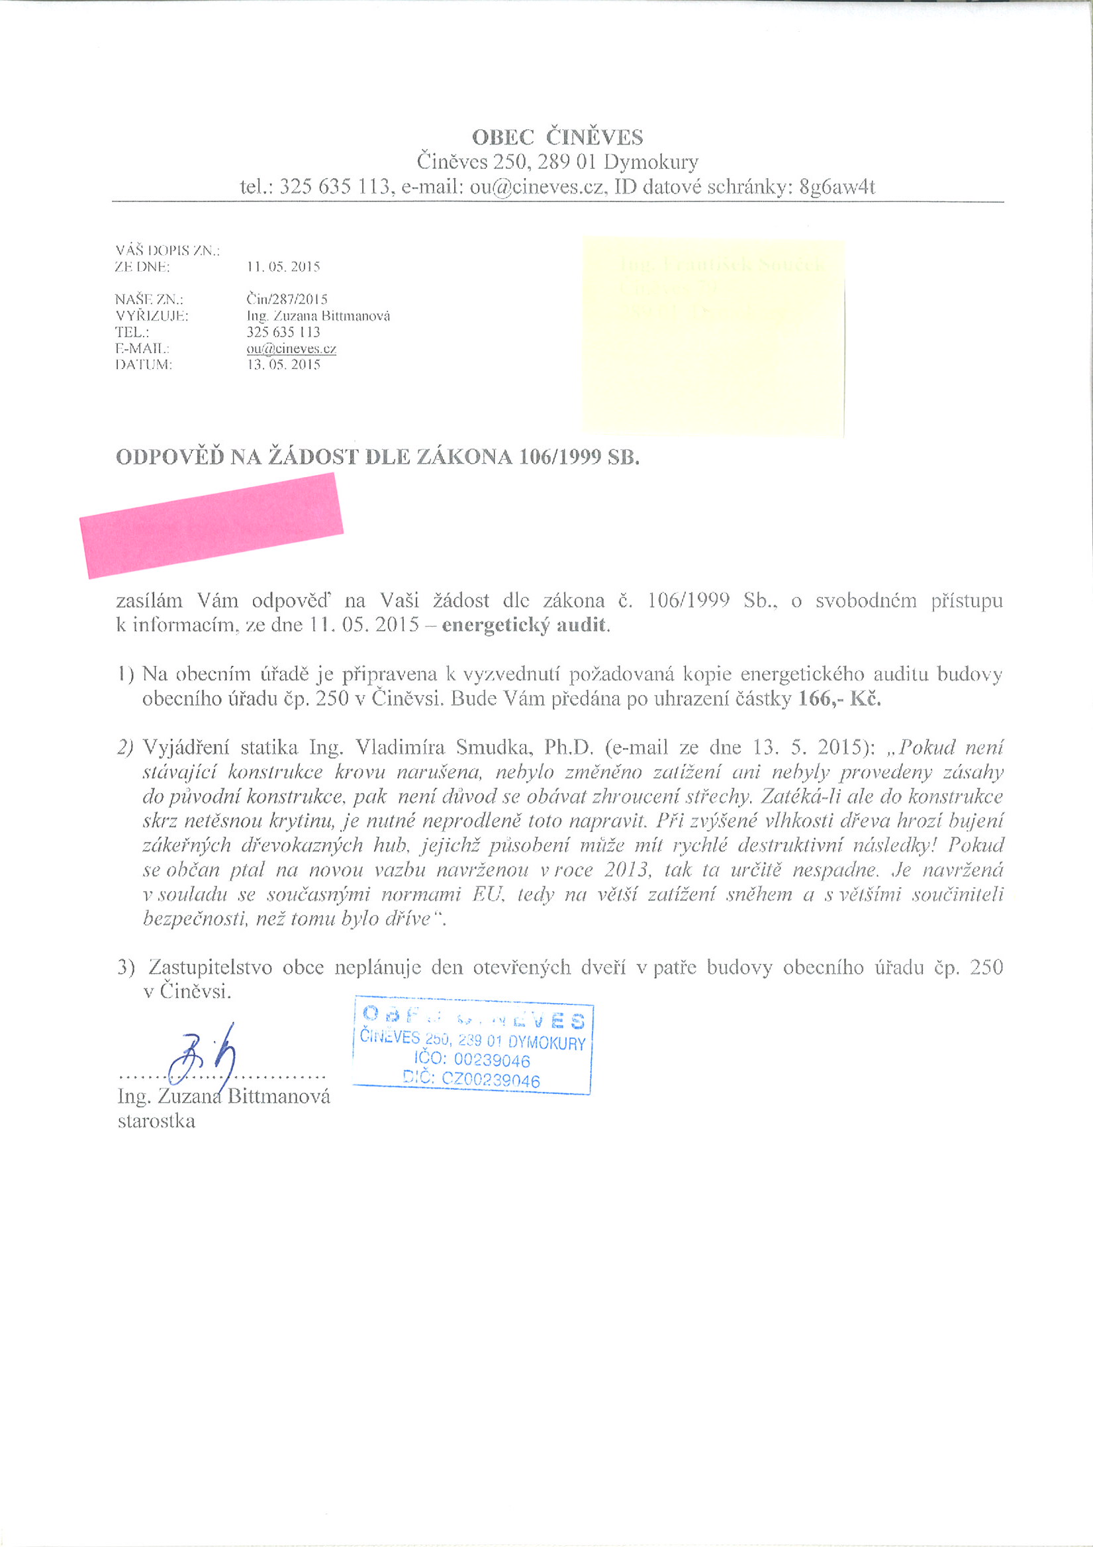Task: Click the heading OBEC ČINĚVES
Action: tap(557, 137)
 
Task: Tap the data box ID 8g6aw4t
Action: tap(836, 187)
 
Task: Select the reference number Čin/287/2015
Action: tap(287, 299)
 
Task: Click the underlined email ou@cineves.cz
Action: tap(291, 349)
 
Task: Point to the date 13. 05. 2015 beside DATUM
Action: tap(283, 365)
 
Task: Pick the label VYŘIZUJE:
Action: tap(152, 316)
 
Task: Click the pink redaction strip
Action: tap(211, 525)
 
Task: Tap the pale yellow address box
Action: tap(712, 337)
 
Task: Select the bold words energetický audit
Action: tap(524, 625)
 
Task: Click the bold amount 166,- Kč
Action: tap(839, 699)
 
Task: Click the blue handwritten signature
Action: tap(202, 1057)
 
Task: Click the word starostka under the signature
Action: tap(156, 1122)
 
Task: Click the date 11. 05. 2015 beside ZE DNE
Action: tap(283, 267)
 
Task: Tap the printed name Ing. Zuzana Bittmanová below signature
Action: tap(224, 1097)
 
